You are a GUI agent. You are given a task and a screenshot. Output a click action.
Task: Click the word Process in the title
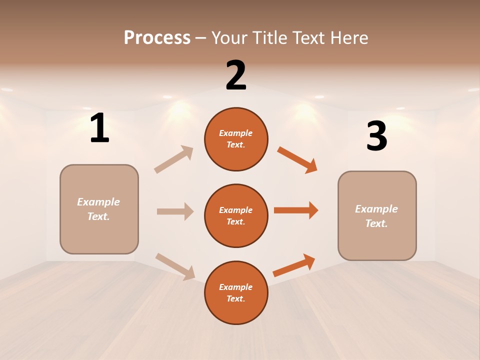click(x=157, y=38)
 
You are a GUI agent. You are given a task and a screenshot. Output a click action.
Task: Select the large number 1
click(x=99, y=128)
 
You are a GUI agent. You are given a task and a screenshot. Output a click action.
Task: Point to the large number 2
click(x=236, y=75)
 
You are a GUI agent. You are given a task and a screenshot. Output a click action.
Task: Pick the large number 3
click(x=376, y=136)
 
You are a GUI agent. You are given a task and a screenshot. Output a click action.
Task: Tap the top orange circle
click(x=236, y=139)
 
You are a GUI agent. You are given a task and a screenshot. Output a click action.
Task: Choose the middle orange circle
click(x=236, y=216)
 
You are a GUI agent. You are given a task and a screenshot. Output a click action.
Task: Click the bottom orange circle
click(x=236, y=293)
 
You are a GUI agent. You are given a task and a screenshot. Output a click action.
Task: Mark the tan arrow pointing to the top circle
click(x=174, y=159)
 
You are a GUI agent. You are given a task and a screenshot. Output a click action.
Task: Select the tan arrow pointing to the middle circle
click(x=175, y=211)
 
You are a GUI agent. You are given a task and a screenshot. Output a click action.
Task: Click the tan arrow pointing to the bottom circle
click(x=175, y=266)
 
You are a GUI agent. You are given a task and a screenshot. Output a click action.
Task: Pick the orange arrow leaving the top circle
click(x=297, y=160)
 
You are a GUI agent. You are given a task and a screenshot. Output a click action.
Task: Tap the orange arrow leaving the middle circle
click(x=296, y=210)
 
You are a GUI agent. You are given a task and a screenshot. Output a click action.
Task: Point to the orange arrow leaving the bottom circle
click(x=294, y=265)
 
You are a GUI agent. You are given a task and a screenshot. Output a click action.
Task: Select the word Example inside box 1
click(x=98, y=202)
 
